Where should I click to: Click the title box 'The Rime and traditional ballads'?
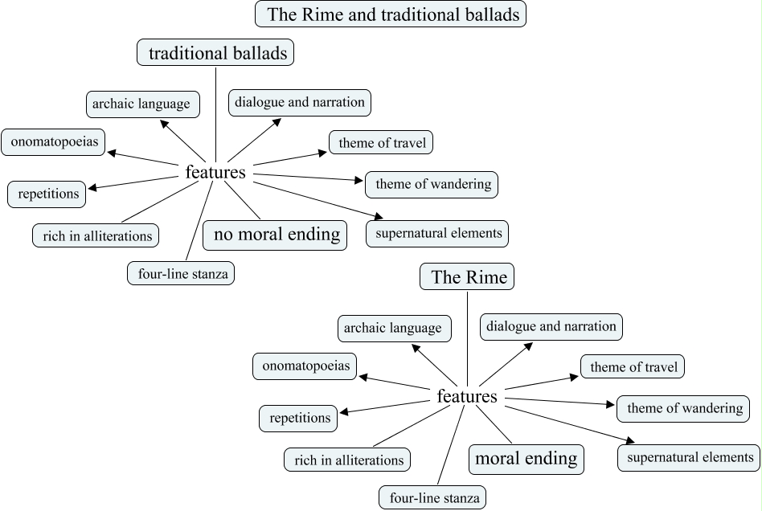point(391,14)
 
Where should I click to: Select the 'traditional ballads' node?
point(215,54)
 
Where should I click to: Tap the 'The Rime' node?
point(468,278)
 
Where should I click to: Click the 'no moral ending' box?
point(276,235)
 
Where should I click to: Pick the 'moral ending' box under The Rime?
point(526,459)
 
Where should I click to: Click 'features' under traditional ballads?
point(215,172)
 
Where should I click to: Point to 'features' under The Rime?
point(467,397)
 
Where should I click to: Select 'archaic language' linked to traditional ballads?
point(141,104)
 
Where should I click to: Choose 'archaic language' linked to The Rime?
point(393,328)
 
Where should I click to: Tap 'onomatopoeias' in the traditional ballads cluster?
point(54,143)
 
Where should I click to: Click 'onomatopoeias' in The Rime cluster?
point(305,366)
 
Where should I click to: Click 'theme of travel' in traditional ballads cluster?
point(382,143)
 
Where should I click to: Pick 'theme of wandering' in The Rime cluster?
point(685,408)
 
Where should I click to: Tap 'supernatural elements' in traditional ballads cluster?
point(437,234)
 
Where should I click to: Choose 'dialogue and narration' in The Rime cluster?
point(551,326)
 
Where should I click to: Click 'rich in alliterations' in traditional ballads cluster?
point(96,236)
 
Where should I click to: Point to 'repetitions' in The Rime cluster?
point(300,418)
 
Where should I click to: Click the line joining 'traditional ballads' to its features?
point(215,112)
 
